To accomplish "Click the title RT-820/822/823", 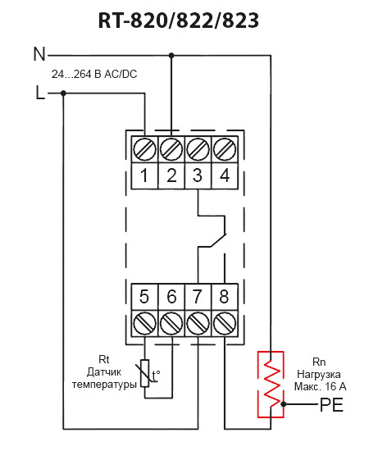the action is click(x=179, y=20).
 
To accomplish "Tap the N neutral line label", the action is click(x=39, y=54).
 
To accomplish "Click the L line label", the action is click(x=40, y=93).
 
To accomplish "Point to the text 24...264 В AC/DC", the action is click(x=94, y=74).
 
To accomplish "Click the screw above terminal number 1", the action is click(x=144, y=149).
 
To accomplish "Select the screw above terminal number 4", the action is click(x=225, y=149).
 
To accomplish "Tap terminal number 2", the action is click(x=171, y=175).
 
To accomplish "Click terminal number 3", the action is click(x=198, y=175).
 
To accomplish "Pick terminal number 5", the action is click(x=144, y=296).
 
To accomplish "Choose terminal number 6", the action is click(x=171, y=296).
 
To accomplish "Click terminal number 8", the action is click(x=225, y=296).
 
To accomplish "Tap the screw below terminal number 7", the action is click(x=198, y=323).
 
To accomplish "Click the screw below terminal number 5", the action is click(x=144, y=323).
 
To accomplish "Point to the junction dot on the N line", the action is click(x=171, y=55).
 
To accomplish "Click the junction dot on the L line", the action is click(x=64, y=93).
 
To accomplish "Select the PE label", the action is click(x=332, y=405).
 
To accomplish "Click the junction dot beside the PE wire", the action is click(x=284, y=404).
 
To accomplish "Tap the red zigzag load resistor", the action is click(x=271, y=384).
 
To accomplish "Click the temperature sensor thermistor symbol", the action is click(x=145, y=373).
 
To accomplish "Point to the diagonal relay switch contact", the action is click(x=218, y=240).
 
